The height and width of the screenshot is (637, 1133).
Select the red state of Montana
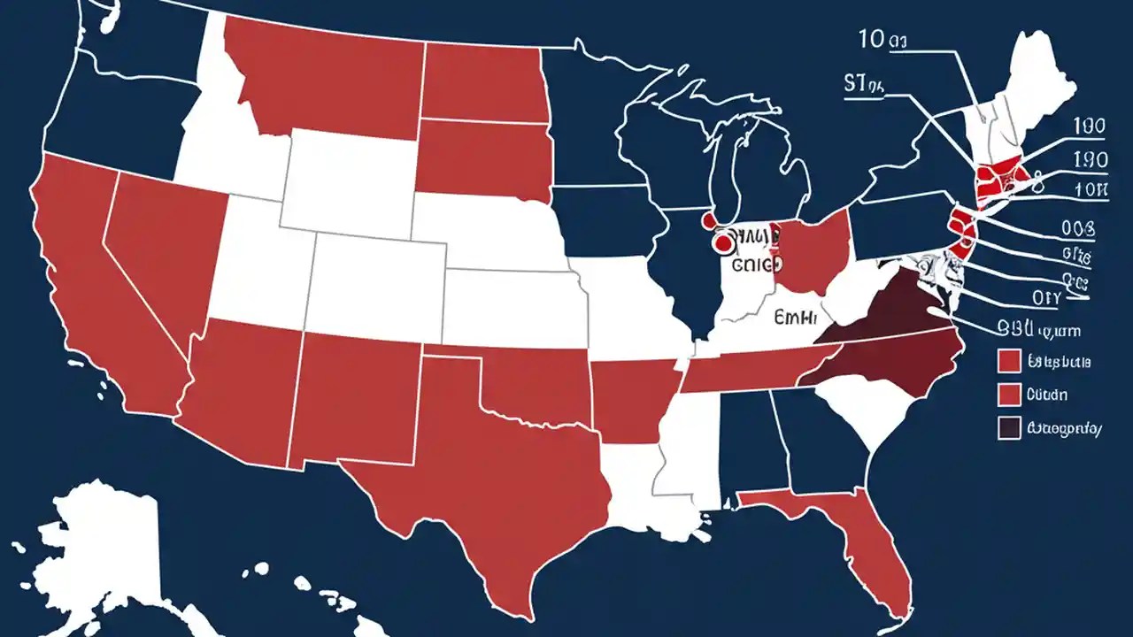click(x=328, y=75)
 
